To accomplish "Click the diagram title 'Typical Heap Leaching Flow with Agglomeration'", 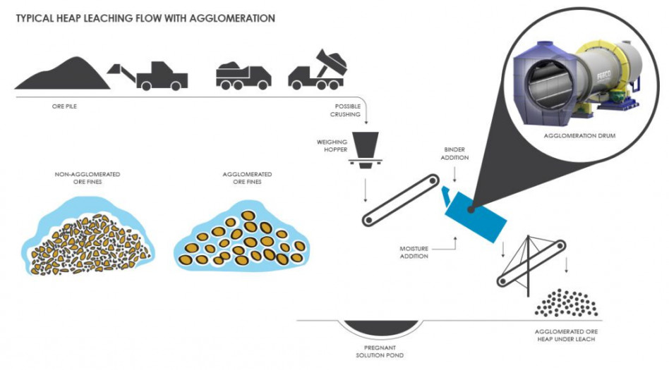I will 145,18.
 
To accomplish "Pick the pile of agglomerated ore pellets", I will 565,303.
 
